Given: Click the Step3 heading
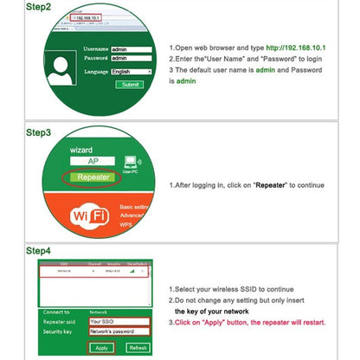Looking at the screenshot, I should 38,132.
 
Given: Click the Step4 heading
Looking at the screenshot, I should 38,251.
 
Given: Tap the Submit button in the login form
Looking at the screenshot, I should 130,85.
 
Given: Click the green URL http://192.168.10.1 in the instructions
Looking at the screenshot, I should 296,48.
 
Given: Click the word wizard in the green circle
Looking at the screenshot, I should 80,150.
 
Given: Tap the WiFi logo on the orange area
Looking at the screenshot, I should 88,215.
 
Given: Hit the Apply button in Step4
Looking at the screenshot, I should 101,347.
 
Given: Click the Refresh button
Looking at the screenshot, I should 138,347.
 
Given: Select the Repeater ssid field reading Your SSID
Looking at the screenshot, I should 119,321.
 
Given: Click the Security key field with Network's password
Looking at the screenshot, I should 119,331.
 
